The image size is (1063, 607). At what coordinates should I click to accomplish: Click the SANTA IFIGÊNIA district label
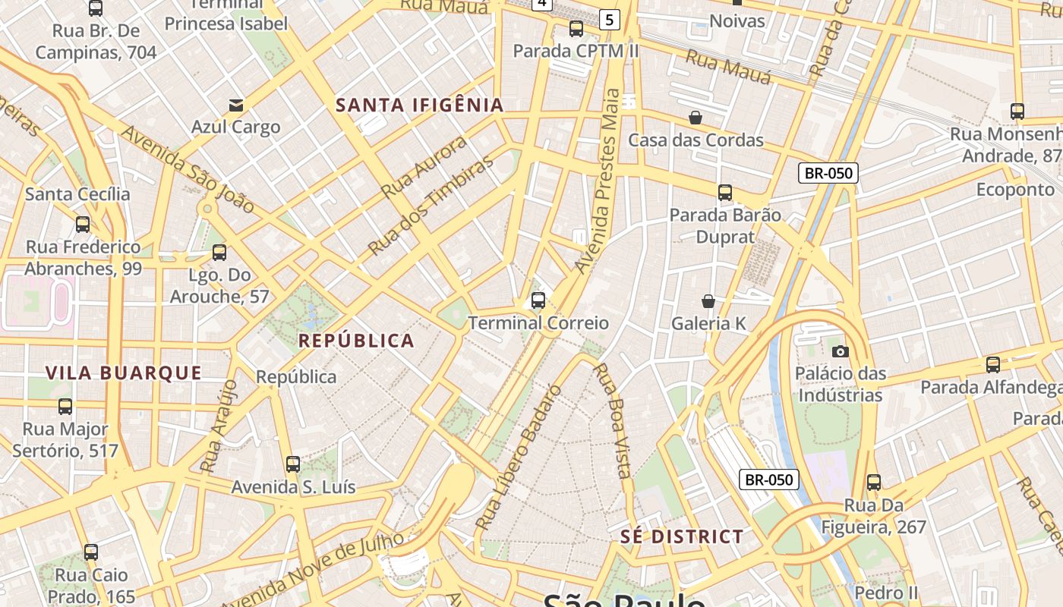click(420, 105)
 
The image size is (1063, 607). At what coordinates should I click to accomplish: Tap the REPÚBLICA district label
click(356, 341)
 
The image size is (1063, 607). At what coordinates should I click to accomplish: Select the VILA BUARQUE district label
click(124, 373)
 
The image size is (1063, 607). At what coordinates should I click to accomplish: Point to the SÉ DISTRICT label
click(682, 536)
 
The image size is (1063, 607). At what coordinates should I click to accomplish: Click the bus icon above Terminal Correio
click(538, 300)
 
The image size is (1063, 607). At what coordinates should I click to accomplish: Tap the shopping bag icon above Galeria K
click(708, 301)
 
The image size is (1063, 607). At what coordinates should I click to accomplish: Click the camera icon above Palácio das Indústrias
click(840, 351)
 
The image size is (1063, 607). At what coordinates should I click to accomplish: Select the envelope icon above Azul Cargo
click(236, 105)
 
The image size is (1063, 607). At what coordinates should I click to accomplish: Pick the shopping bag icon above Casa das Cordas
click(696, 118)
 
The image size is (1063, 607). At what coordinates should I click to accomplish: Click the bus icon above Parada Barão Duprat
click(725, 193)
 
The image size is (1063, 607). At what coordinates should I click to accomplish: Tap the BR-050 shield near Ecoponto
click(828, 173)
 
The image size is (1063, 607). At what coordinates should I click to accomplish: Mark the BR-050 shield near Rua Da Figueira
click(769, 480)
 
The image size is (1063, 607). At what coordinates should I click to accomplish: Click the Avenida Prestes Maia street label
click(599, 182)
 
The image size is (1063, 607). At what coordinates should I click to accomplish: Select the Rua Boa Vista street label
click(612, 420)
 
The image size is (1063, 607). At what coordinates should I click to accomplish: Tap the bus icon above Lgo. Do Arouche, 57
click(219, 253)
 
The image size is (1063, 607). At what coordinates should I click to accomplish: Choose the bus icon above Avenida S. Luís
click(293, 464)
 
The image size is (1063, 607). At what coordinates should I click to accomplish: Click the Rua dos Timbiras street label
click(430, 207)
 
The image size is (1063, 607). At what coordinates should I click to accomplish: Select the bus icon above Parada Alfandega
click(993, 365)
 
